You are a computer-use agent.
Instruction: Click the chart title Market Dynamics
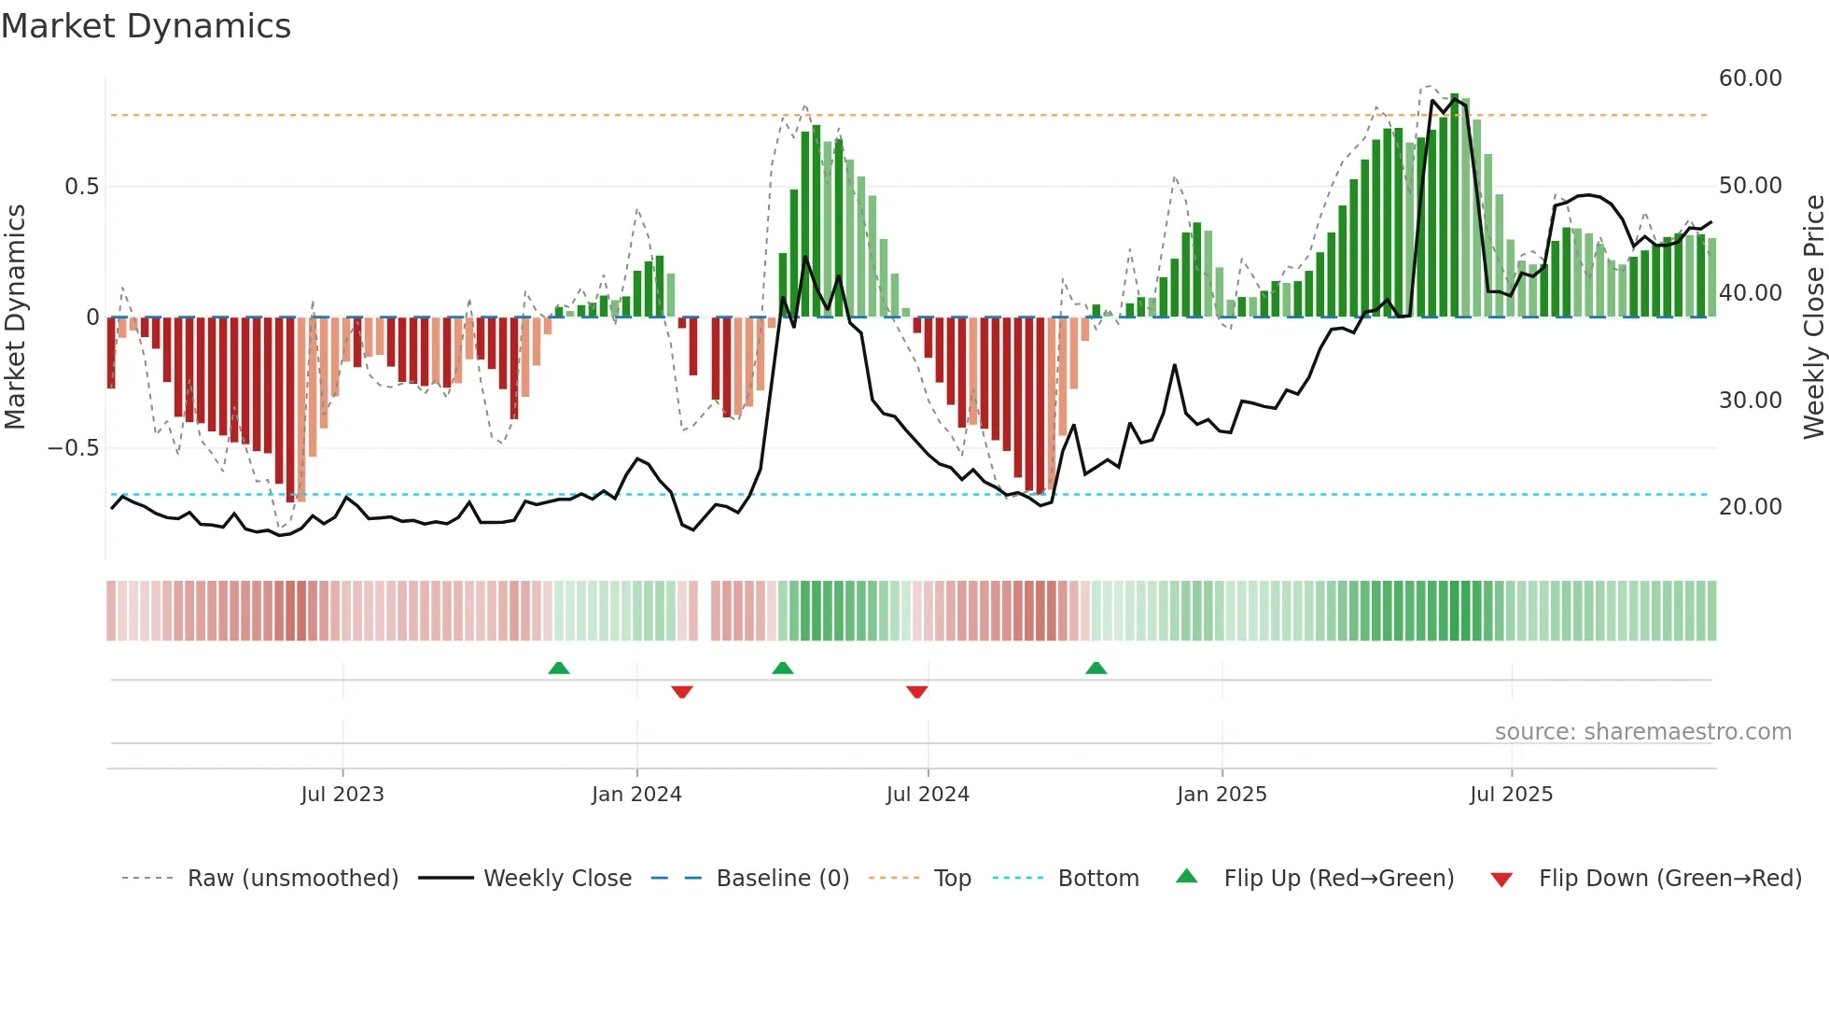[146, 26]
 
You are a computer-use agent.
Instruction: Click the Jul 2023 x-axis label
[342, 795]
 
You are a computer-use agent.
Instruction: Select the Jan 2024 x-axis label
[636, 795]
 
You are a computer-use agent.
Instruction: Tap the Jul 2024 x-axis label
[928, 795]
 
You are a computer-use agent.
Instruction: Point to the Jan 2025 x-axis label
[1222, 795]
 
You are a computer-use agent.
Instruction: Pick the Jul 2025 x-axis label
[1511, 795]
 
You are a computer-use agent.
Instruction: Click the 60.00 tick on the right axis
[1750, 78]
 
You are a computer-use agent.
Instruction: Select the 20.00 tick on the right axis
[1750, 507]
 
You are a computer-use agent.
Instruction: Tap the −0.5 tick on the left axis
[73, 448]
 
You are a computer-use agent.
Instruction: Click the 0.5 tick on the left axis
[81, 187]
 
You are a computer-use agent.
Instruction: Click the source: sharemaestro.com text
[1642, 732]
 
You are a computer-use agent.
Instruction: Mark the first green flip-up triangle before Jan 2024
[559, 669]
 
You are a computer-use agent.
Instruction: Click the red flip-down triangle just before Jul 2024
[916, 692]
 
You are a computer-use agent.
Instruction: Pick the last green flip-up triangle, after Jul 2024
[1096, 669]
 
